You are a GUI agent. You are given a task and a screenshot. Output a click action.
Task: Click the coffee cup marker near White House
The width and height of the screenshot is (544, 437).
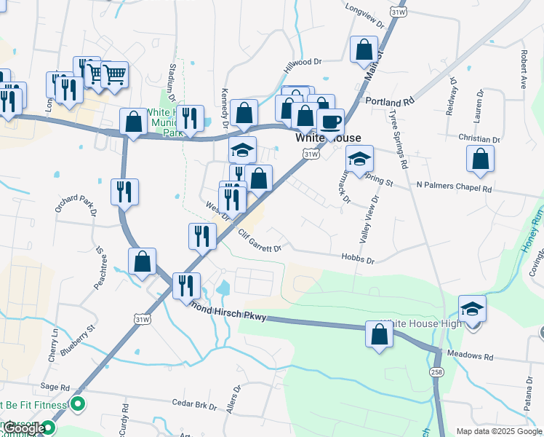(x=330, y=122)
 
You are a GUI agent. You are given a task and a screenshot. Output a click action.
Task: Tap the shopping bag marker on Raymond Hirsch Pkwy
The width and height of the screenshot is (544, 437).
(x=379, y=335)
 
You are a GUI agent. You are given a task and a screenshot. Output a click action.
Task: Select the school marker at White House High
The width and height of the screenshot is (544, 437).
(x=472, y=310)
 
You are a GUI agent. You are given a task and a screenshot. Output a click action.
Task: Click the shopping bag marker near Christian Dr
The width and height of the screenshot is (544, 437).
(x=480, y=160)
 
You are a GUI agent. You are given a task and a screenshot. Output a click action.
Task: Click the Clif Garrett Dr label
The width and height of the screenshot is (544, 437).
(x=260, y=242)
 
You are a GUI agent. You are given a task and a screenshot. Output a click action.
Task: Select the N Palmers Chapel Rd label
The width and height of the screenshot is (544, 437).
(x=454, y=188)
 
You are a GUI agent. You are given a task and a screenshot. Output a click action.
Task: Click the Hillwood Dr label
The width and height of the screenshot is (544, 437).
(x=303, y=63)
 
